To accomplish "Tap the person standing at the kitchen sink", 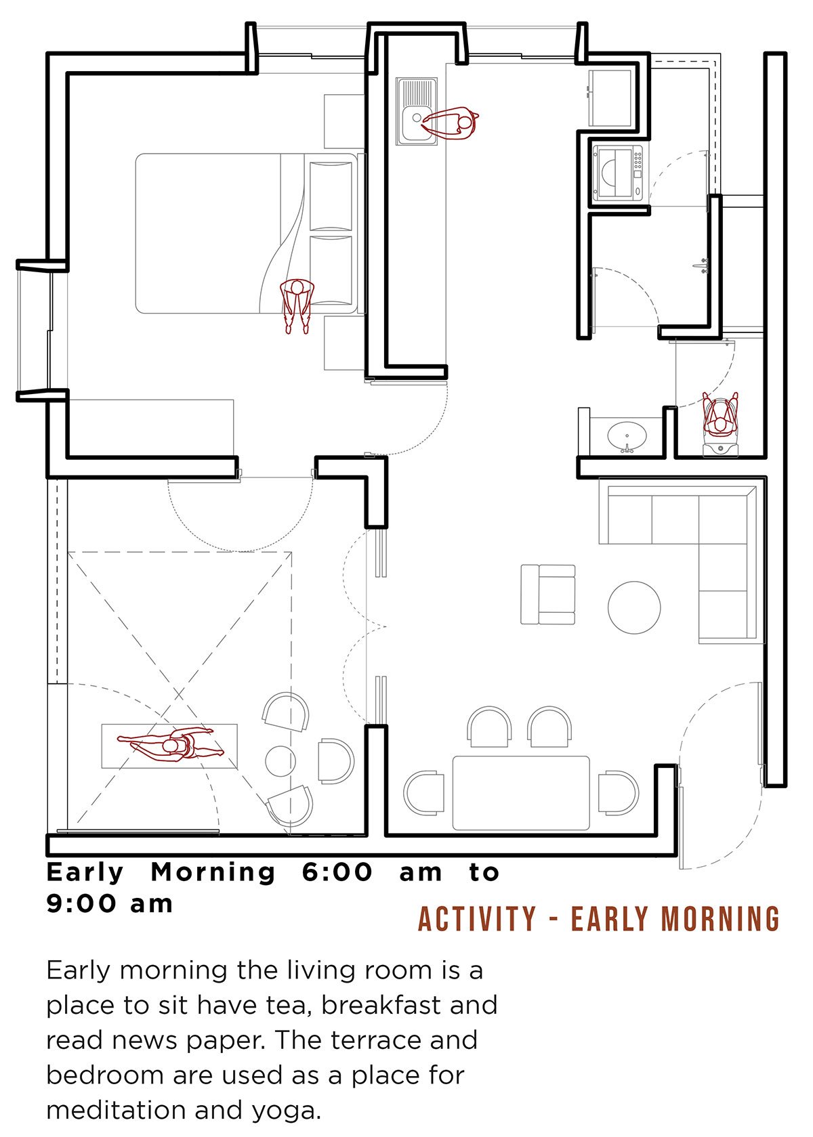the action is click(x=451, y=123).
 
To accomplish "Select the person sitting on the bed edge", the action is click(x=297, y=305).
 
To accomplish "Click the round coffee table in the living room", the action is click(x=634, y=607).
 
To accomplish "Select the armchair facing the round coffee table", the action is click(x=548, y=594).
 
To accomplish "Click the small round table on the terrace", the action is click(x=280, y=761).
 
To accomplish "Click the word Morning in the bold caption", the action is click(x=213, y=873).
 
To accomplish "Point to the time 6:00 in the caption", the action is click(x=337, y=873).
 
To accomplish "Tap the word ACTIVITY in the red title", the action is click(x=477, y=919).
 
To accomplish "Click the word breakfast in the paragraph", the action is click(x=381, y=1004).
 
